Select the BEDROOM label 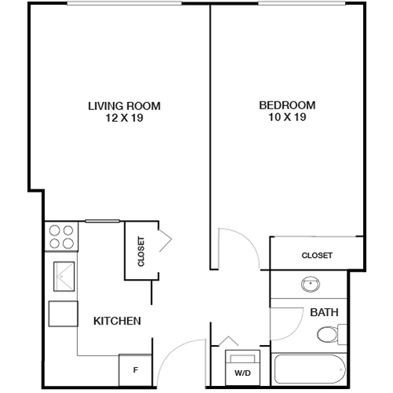tap(287, 105)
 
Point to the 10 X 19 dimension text tap(287, 119)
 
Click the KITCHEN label tap(117, 321)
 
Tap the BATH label tap(324, 313)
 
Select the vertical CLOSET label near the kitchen tap(141, 252)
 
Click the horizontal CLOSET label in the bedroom tap(317, 255)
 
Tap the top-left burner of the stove tap(54, 231)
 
